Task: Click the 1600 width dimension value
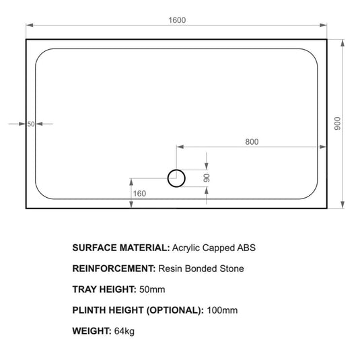[x=178, y=20]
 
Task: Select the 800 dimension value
[x=252, y=141]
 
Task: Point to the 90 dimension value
[x=208, y=178]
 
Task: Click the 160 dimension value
[x=140, y=194]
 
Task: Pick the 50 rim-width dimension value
[x=31, y=124]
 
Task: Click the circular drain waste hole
[x=176, y=178]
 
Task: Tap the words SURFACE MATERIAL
[x=121, y=248]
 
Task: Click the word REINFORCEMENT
[x=113, y=268]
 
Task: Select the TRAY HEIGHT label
[x=104, y=289]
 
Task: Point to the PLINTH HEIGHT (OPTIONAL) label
[x=137, y=310]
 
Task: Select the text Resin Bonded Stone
[x=201, y=268]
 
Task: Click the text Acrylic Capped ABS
[x=215, y=248]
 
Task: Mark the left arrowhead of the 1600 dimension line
[x=29, y=26]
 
